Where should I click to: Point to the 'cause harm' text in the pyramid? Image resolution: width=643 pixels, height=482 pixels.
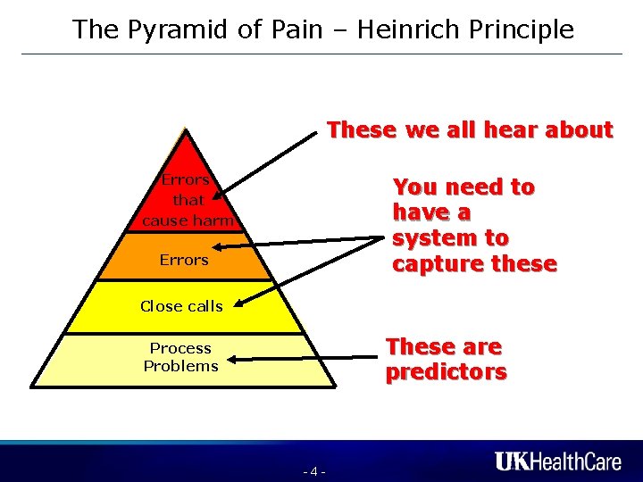188,220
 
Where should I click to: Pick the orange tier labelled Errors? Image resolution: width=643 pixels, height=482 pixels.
184,260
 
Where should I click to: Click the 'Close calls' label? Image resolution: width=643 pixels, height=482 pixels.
181,306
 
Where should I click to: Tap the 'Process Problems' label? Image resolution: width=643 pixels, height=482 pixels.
180,357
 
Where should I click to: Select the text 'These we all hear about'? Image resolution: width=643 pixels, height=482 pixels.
470,130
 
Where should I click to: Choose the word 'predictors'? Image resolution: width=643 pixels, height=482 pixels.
446,371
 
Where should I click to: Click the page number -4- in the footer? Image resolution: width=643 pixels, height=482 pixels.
313,470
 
